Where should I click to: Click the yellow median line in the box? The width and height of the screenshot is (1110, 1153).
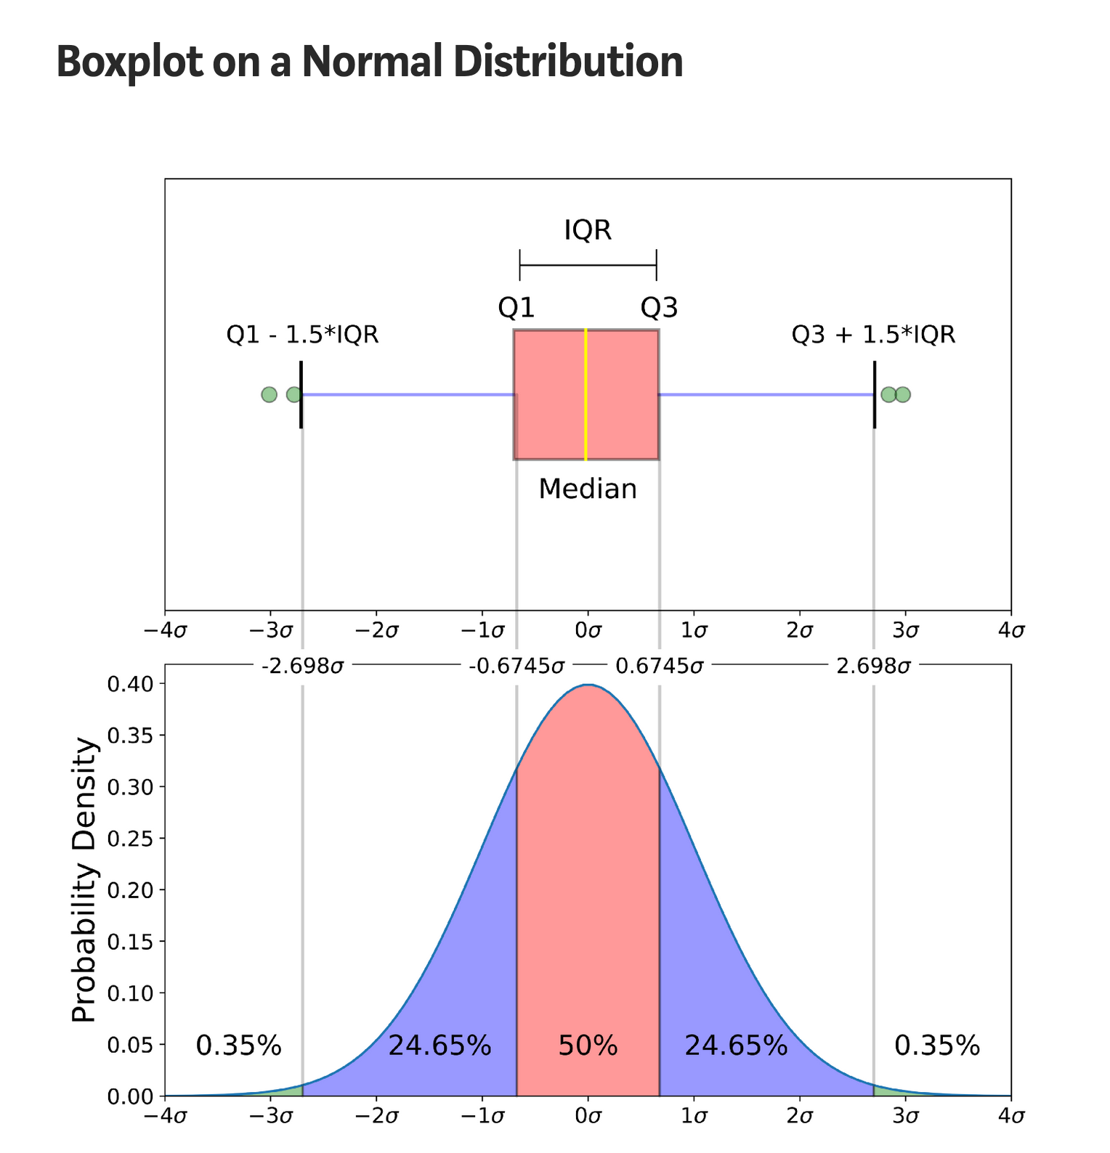[586, 394]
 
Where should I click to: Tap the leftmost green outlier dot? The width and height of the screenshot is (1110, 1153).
[269, 394]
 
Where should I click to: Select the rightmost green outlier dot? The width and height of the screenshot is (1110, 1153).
[903, 394]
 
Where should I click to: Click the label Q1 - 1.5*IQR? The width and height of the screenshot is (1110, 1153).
[303, 335]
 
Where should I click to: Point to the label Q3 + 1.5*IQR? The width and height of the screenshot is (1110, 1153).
[873, 335]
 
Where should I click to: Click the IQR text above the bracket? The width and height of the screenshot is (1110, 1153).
[588, 231]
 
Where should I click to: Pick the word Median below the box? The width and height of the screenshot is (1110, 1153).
[588, 489]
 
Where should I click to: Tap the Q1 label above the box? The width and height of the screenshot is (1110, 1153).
[516, 309]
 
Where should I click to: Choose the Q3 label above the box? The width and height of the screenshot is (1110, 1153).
[659, 309]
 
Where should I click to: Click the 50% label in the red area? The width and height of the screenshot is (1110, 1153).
[588, 1046]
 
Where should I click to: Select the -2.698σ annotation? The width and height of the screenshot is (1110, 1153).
[302, 666]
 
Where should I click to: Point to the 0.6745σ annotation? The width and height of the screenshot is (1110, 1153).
[659, 666]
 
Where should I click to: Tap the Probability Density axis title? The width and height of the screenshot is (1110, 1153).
[84, 880]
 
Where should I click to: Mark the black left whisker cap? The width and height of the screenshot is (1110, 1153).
[301, 394]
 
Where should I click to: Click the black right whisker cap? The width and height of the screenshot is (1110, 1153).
[875, 394]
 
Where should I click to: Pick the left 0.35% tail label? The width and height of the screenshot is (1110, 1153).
[239, 1046]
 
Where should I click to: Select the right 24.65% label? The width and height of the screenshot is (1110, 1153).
[736, 1046]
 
